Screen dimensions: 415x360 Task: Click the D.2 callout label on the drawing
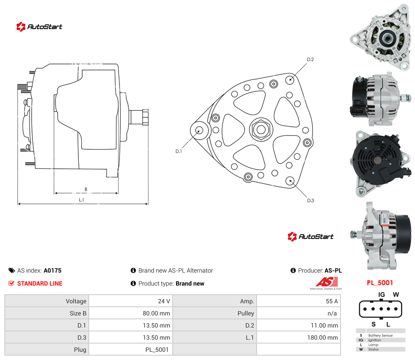(310, 60)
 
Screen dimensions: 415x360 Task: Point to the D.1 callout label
(179, 151)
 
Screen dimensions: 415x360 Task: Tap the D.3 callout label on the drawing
(310, 201)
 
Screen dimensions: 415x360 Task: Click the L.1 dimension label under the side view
(81, 200)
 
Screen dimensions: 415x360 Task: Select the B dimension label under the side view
(86, 189)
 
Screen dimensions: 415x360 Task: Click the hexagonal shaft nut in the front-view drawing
(261, 129)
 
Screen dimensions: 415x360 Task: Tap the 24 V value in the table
(164, 301)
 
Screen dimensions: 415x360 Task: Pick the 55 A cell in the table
(332, 301)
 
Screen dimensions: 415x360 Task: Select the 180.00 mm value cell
(323, 337)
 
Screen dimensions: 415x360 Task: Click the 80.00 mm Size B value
(156, 313)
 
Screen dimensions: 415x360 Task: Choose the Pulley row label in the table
(246, 313)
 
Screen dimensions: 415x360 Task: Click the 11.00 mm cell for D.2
(324, 325)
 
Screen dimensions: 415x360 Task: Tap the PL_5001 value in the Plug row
(157, 350)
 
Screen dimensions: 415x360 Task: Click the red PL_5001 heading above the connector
(380, 283)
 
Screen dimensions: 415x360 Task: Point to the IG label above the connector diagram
(381, 295)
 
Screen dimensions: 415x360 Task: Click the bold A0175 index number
(52, 270)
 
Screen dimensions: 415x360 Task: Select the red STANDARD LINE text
(40, 283)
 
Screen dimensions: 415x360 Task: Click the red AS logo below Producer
(327, 282)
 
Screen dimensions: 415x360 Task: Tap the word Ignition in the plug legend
(374, 340)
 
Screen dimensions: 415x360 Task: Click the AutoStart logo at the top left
(39, 27)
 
